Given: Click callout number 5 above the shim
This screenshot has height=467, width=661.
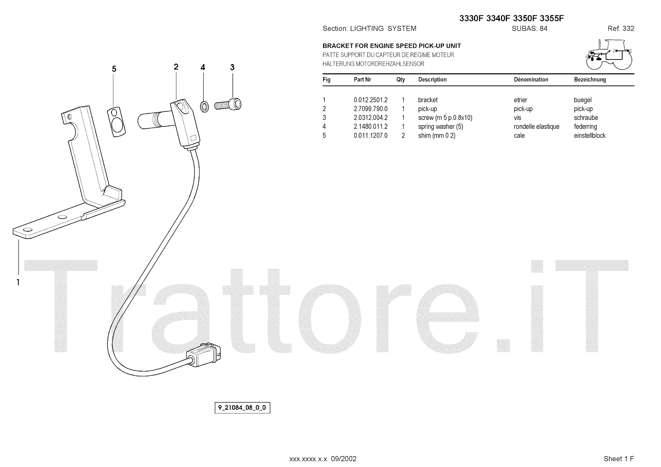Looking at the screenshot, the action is click(x=114, y=69).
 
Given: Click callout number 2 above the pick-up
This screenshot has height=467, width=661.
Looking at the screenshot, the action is click(x=176, y=67).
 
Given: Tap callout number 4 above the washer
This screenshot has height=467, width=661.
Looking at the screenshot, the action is click(x=202, y=67).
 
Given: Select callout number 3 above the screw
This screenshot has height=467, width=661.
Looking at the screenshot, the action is click(x=232, y=67).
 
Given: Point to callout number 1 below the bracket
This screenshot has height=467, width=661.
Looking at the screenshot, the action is click(x=18, y=282).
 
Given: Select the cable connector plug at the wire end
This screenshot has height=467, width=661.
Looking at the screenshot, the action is click(x=205, y=354).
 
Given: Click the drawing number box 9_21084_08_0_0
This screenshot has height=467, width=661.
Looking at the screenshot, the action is click(x=242, y=408).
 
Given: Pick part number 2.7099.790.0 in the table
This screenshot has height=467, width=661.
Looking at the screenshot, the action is click(x=371, y=109).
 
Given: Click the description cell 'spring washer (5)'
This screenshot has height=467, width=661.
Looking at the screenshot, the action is click(x=438, y=127).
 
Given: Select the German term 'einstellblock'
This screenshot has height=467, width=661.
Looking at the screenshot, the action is click(x=590, y=136).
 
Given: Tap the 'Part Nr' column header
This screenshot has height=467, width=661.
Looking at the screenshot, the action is click(x=362, y=80).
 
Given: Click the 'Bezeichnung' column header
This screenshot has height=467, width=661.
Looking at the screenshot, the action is click(x=590, y=80).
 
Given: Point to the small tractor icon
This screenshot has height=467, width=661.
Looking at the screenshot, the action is click(x=609, y=55).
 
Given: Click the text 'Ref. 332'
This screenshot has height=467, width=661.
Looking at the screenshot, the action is click(x=621, y=28).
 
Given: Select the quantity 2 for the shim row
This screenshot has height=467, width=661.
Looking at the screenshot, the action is click(x=403, y=136).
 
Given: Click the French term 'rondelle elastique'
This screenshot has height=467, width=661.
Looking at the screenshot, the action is click(x=536, y=127).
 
